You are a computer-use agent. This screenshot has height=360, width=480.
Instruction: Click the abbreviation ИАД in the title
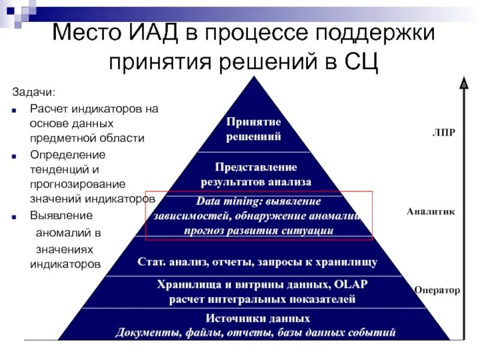(x=157, y=34)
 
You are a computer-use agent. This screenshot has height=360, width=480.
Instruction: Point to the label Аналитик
(x=431, y=211)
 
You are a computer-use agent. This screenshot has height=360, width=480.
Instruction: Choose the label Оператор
(x=437, y=290)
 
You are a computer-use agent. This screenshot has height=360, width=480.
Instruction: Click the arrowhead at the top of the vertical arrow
(x=464, y=83)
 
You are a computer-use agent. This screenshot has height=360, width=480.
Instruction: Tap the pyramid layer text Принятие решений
(x=254, y=129)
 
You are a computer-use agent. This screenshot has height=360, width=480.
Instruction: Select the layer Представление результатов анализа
(x=256, y=173)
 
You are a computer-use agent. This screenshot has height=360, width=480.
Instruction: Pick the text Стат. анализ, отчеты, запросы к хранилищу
(x=257, y=262)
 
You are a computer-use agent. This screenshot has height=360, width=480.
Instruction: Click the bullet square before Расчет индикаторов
(x=14, y=110)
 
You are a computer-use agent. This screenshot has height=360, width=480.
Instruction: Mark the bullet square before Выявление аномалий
(x=14, y=215)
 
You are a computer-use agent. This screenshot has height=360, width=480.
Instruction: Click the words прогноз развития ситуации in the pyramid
(x=259, y=230)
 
